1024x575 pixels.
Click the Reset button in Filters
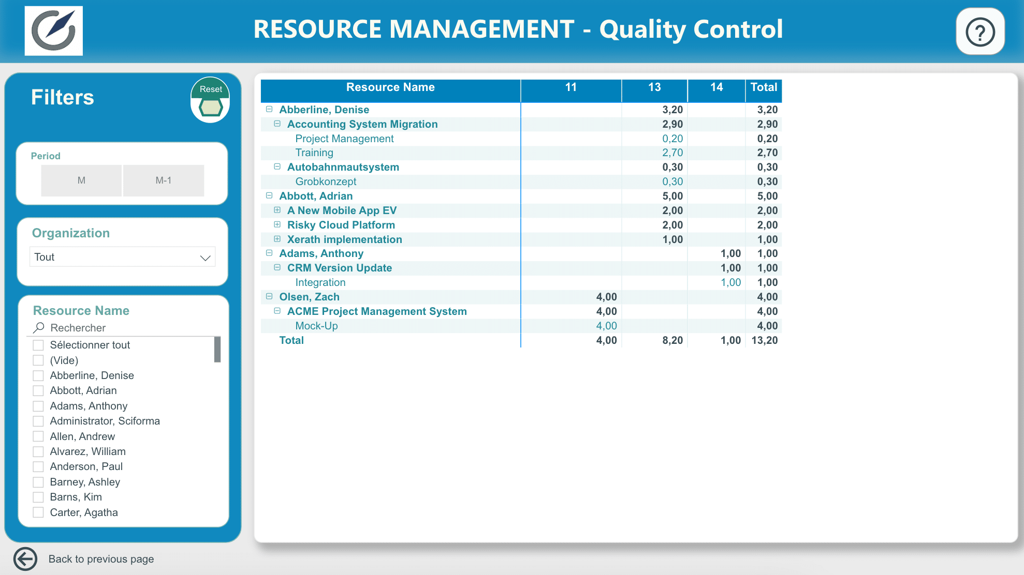point(210,100)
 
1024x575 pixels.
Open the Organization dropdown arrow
point(205,258)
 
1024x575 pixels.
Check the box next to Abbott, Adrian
point(38,391)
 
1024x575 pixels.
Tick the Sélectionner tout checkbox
point(38,345)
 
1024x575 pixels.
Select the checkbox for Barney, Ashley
point(38,482)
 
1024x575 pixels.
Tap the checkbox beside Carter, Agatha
point(38,512)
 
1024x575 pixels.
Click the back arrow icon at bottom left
point(25,559)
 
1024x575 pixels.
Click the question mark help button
point(980,32)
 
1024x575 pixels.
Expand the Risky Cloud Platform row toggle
point(277,225)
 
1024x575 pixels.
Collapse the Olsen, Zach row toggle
point(269,297)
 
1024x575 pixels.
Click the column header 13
point(654,87)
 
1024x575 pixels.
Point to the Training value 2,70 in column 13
point(672,153)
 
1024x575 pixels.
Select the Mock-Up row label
point(316,326)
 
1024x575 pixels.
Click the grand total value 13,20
point(765,340)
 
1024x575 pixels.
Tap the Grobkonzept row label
point(326,181)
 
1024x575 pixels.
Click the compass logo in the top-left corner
point(54,31)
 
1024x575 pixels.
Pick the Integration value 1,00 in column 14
point(731,282)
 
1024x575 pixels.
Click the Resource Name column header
point(390,87)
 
